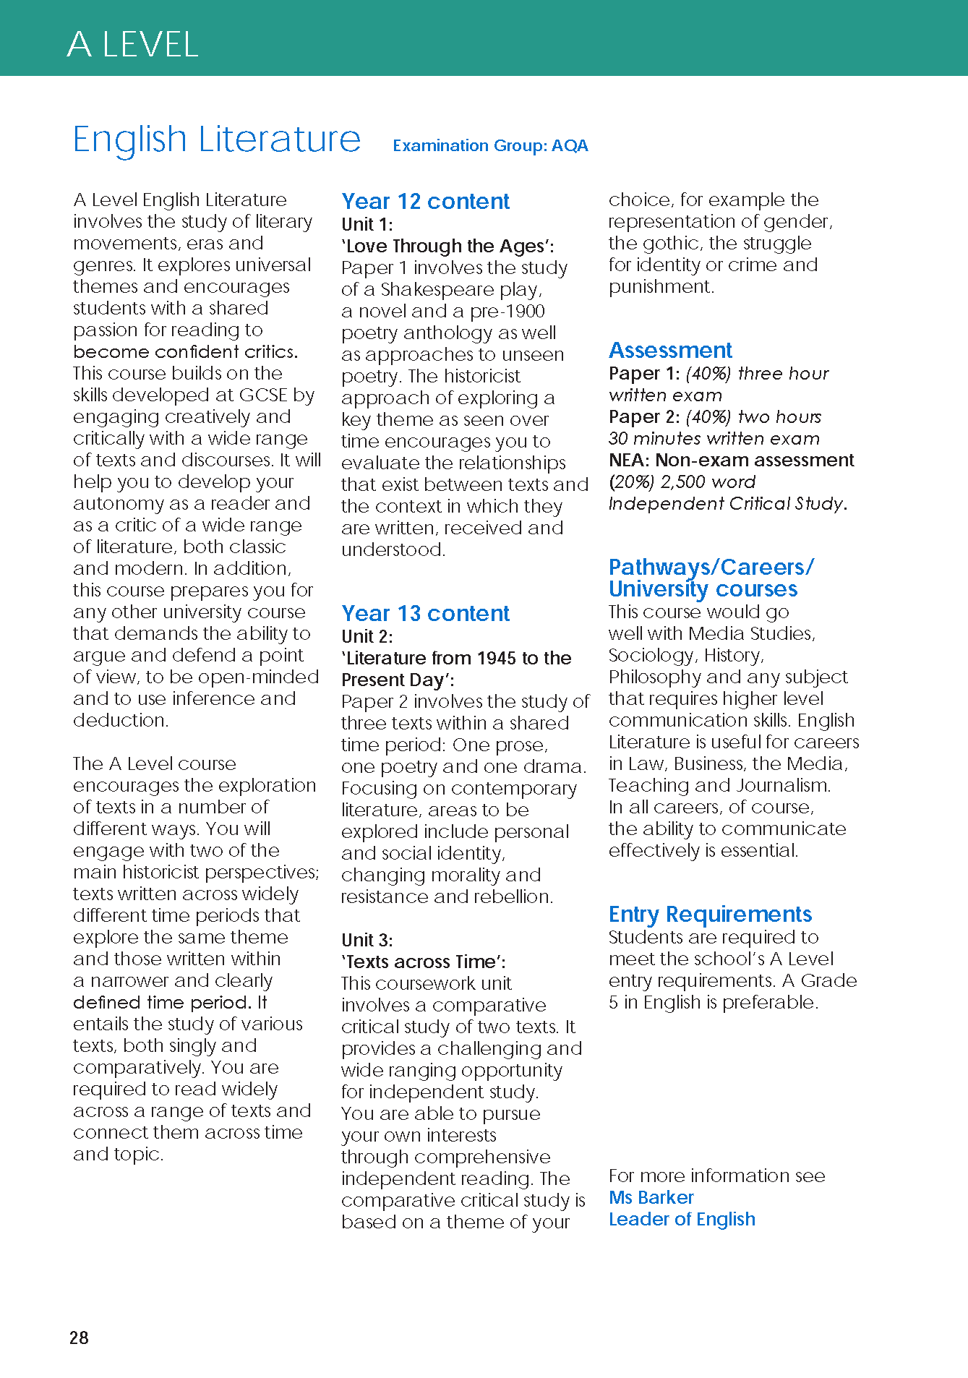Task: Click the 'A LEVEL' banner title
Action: point(132,45)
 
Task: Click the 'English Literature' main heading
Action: point(216,139)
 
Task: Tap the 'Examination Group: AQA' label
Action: point(490,145)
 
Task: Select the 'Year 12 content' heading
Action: point(425,201)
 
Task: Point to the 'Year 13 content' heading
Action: point(425,613)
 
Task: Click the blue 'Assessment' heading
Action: point(670,350)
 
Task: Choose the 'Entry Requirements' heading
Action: point(710,914)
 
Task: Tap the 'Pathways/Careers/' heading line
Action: point(711,567)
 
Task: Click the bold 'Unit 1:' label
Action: point(367,224)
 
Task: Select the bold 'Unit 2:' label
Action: point(367,636)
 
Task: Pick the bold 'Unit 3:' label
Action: point(367,940)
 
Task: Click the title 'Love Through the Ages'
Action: point(447,246)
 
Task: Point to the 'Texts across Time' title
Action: point(422,962)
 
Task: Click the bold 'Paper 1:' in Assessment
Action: point(644,373)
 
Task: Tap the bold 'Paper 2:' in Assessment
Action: point(644,416)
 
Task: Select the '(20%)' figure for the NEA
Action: point(631,482)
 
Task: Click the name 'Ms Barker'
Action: point(651,1197)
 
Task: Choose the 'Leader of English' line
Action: point(682,1219)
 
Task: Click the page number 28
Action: point(79,1338)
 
